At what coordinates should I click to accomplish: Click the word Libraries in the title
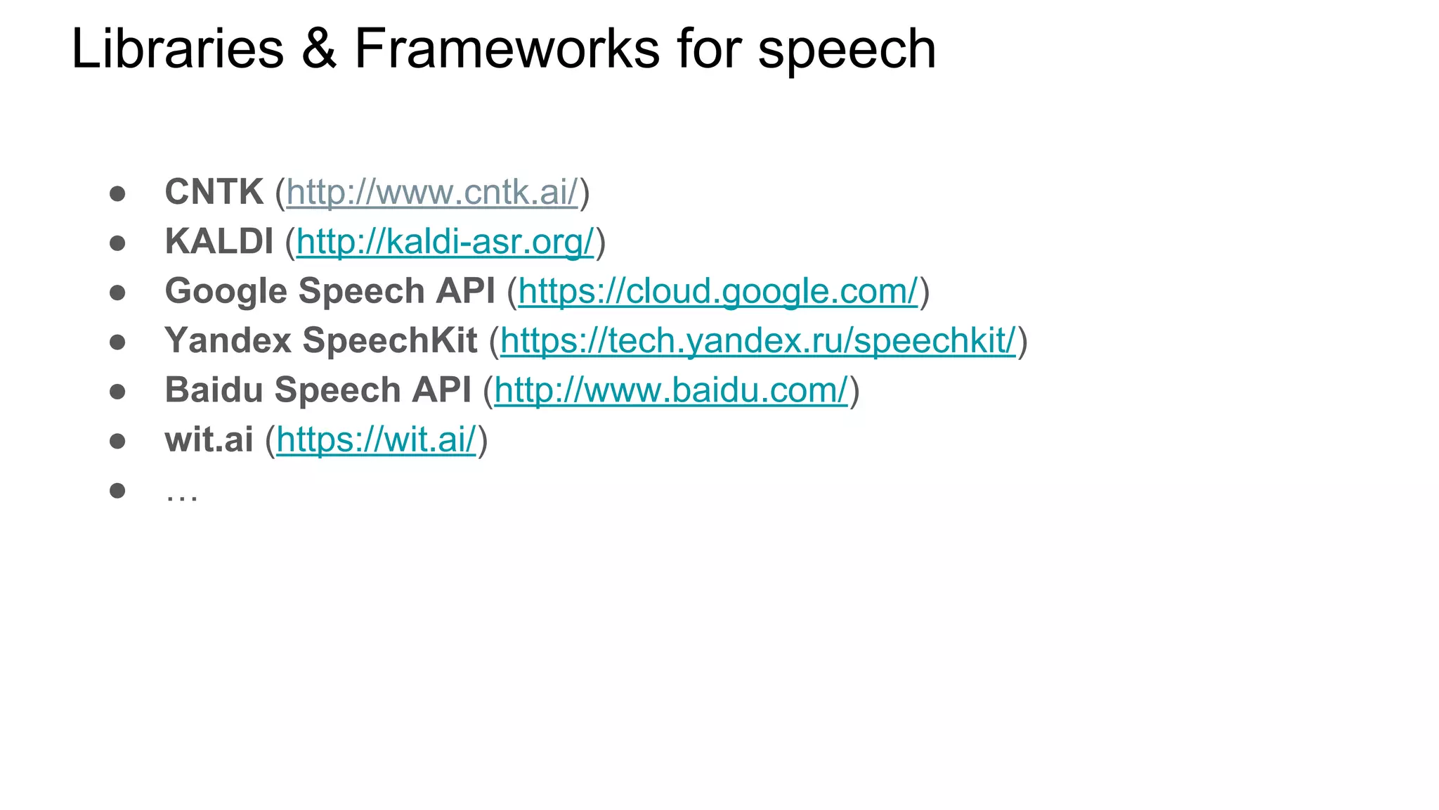[177, 49]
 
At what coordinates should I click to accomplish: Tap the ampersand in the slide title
[318, 49]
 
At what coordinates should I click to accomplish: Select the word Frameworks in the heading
[507, 49]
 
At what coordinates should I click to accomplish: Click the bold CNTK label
[214, 192]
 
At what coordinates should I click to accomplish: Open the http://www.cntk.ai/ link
[431, 192]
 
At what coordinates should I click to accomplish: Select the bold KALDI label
[219, 241]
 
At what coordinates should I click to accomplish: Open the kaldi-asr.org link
[445, 241]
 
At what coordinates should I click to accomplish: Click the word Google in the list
[226, 291]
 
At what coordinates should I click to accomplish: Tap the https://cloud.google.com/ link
[717, 291]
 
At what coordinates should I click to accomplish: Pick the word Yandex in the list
[228, 340]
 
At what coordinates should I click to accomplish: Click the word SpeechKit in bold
[390, 340]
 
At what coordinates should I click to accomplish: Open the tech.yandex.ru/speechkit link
[757, 340]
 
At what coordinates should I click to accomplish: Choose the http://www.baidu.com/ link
[671, 390]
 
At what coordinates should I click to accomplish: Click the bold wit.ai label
[209, 439]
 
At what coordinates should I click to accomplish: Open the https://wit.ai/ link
[376, 439]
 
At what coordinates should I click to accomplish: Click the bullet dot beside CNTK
[117, 193]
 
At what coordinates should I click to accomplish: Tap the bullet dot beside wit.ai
[117, 441]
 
